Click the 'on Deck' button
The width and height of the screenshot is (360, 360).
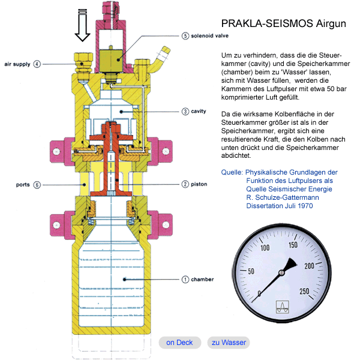(179, 343)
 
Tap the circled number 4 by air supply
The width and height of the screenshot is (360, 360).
(37, 64)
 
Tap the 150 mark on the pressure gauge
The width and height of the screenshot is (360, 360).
(293, 244)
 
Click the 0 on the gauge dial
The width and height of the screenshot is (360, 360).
(259, 293)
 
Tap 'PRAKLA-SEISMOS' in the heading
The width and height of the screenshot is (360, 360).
(259, 24)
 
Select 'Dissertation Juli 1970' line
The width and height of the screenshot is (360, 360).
(280, 205)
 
